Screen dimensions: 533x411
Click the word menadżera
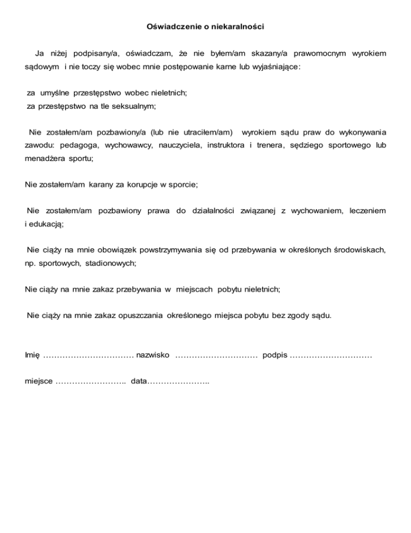[x=46, y=159]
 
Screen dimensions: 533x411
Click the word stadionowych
[x=110, y=263]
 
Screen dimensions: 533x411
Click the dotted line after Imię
[x=88, y=355]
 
